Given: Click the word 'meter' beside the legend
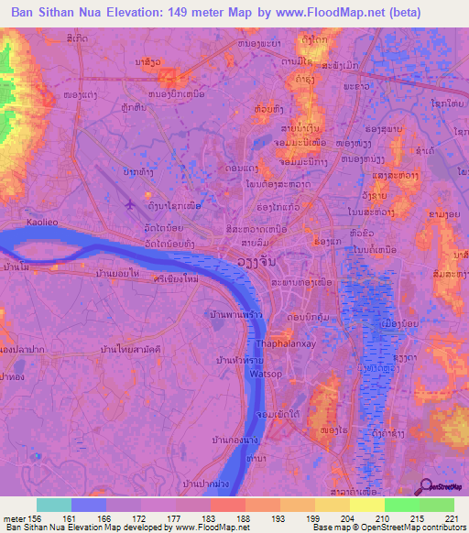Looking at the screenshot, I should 14,517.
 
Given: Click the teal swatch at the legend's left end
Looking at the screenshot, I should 54,505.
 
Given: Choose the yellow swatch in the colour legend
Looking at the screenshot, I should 366,505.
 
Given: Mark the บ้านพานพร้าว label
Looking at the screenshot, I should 239,315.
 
